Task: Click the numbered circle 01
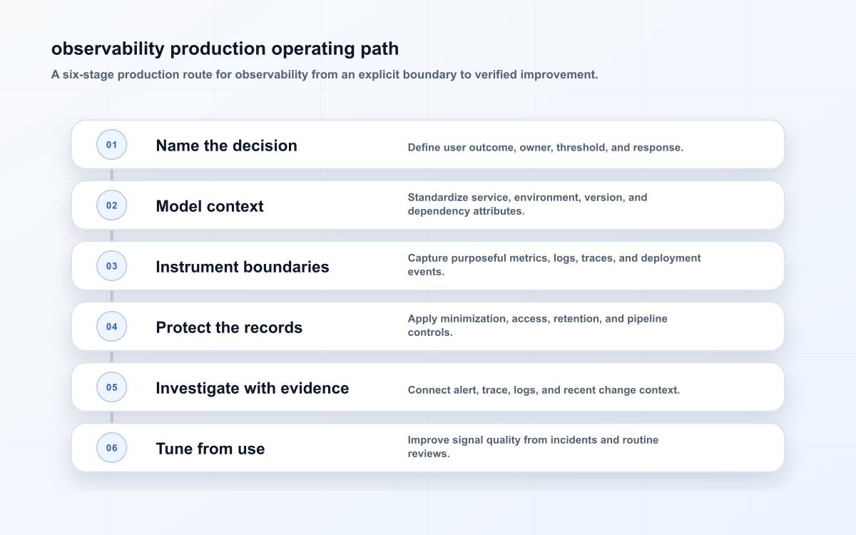pos(111,144)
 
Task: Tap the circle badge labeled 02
pos(111,205)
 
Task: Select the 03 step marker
pos(111,265)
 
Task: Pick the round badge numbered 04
pos(111,327)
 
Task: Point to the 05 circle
pos(111,387)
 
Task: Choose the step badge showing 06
pos(111,447)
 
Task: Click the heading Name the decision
pos(227,146)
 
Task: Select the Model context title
pos(210,206)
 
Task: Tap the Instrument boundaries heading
pos(243,267)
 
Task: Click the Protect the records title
pos(229,327)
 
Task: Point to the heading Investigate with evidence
pos(253,388)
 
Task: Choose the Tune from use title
pos(210,449)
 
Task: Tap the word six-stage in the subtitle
pos(88,74)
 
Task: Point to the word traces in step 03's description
pos(598,258)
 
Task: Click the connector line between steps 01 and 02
pos(111,175)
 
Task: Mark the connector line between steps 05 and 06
pos(111,417)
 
